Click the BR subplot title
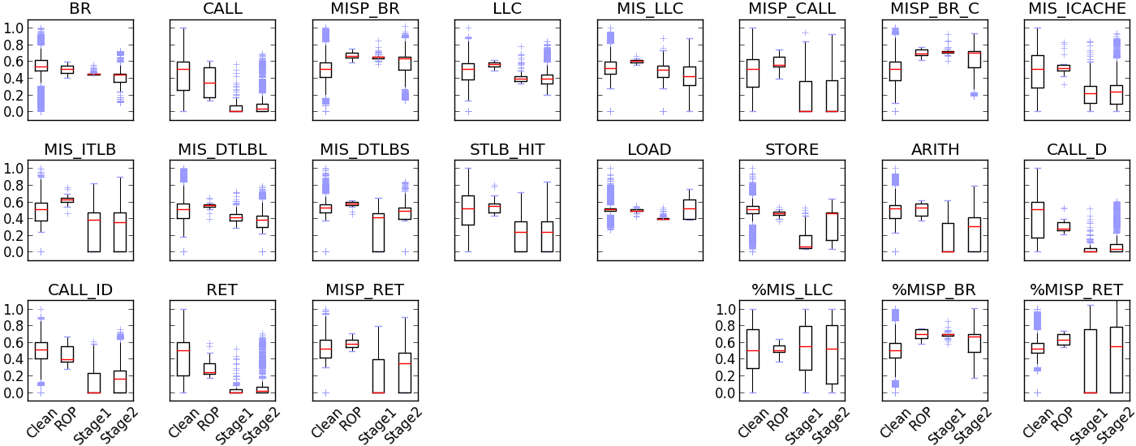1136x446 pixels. pyautogui.click(x=80, y=9)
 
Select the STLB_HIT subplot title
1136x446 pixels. pyautogui.click(x=506, y=149)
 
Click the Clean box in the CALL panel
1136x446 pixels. pyautogui.click(x=183, y=76)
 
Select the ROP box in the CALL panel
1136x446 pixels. pyautogui.click(x=209, y=82)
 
